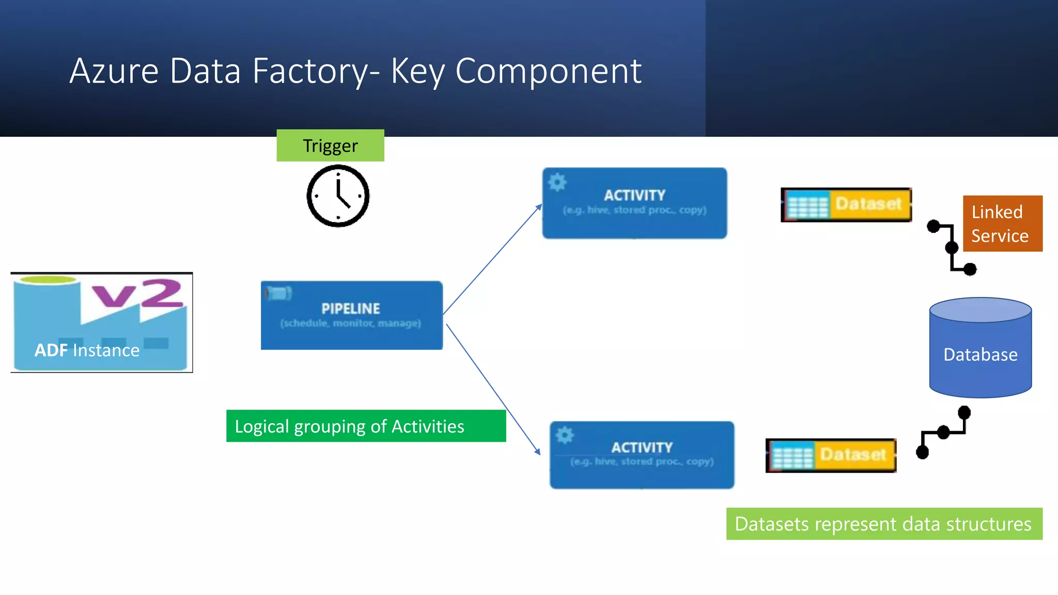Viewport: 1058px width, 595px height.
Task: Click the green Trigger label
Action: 330,146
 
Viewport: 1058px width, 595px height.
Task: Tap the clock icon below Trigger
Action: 338,196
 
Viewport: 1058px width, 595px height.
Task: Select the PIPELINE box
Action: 351,315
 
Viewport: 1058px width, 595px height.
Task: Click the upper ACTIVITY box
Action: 634,203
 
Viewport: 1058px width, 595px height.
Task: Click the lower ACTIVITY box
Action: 642,455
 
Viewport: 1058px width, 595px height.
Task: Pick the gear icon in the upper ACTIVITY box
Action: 557,182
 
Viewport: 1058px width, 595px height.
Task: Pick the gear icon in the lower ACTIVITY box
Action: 565,435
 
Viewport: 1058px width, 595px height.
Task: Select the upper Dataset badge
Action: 846,205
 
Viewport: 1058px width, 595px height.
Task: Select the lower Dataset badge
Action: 831,455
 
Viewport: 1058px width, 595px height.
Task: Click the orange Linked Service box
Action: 1002,224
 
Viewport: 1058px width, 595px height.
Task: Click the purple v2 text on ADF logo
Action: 137,293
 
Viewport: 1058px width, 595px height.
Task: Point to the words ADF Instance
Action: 87,350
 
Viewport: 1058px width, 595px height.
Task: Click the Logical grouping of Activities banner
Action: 366,426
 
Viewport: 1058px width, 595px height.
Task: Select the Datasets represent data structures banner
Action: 884,524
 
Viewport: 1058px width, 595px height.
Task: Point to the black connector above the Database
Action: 952,248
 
